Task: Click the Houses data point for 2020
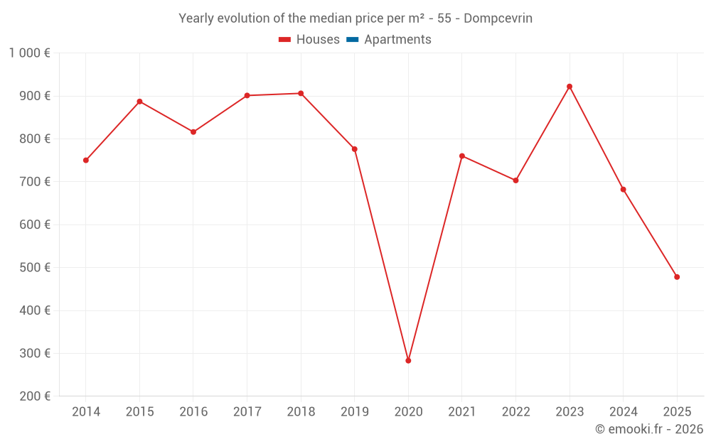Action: pyautogui.click(x=408, y=361)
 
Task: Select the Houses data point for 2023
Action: pyautogui.click(x=570, y=87)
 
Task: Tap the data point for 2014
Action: pyautogui.click(x=86, y=161)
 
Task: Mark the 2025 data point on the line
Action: pyautogui.click(x=677, y=277)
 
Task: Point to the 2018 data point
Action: pyautogui.click(x=301, y=93)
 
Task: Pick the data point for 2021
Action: pyautogui.click(x=462, y=156)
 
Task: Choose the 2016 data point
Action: pyautogui.click(x=193, y=132)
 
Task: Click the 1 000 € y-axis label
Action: pyautogui.click(x=30, y=53)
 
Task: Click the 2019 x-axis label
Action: pyautogui.click(x=355, y=412)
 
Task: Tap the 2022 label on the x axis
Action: pyautogui.click(x=516, y=412)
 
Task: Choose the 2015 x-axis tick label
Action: pyautogui.click(x=139, y=412)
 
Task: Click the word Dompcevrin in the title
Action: pyautogui.click(x=498, y=18)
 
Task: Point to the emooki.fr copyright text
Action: pyautogui.click(x=649, y=429)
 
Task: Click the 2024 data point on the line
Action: pyautogui.click(x=624, y=190)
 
